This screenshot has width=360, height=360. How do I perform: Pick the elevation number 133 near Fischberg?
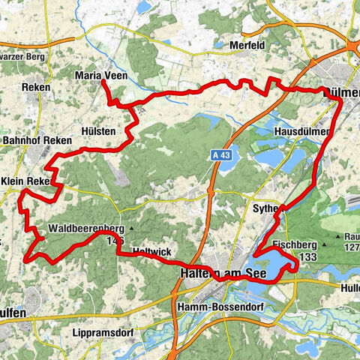click(x=306, y=256)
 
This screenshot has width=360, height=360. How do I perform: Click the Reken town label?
click(x=36, y=88)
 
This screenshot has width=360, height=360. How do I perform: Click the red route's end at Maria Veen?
click(x=102, y=81)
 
